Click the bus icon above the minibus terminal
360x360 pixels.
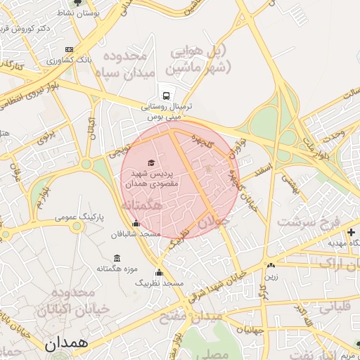point(167,94)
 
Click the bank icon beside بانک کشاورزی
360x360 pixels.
point(69,50)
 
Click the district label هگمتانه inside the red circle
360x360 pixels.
point(142,205)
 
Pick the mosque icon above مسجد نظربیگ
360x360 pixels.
point(160,273)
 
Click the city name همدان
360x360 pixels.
point(65,345)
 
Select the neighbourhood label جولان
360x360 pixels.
point(214,222)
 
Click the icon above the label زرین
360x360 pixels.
point(271,266)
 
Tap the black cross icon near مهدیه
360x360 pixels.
point(351,231)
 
